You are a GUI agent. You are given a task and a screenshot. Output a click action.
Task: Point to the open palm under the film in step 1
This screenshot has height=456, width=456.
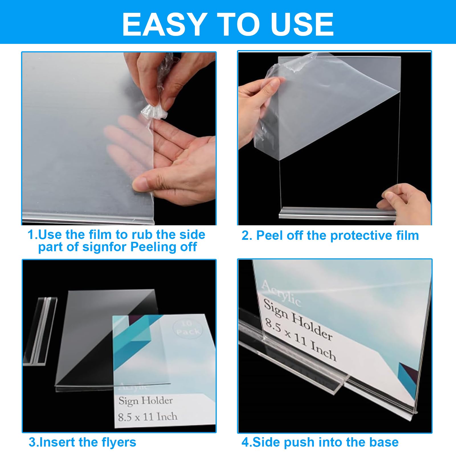[182, 148]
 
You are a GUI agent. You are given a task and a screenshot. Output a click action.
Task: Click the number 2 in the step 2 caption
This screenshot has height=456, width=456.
[245, 236]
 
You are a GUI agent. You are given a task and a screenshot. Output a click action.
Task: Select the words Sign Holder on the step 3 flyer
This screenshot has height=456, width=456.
[146, 401]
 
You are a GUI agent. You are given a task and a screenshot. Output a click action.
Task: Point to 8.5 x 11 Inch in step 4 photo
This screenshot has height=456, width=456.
[300, 340]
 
